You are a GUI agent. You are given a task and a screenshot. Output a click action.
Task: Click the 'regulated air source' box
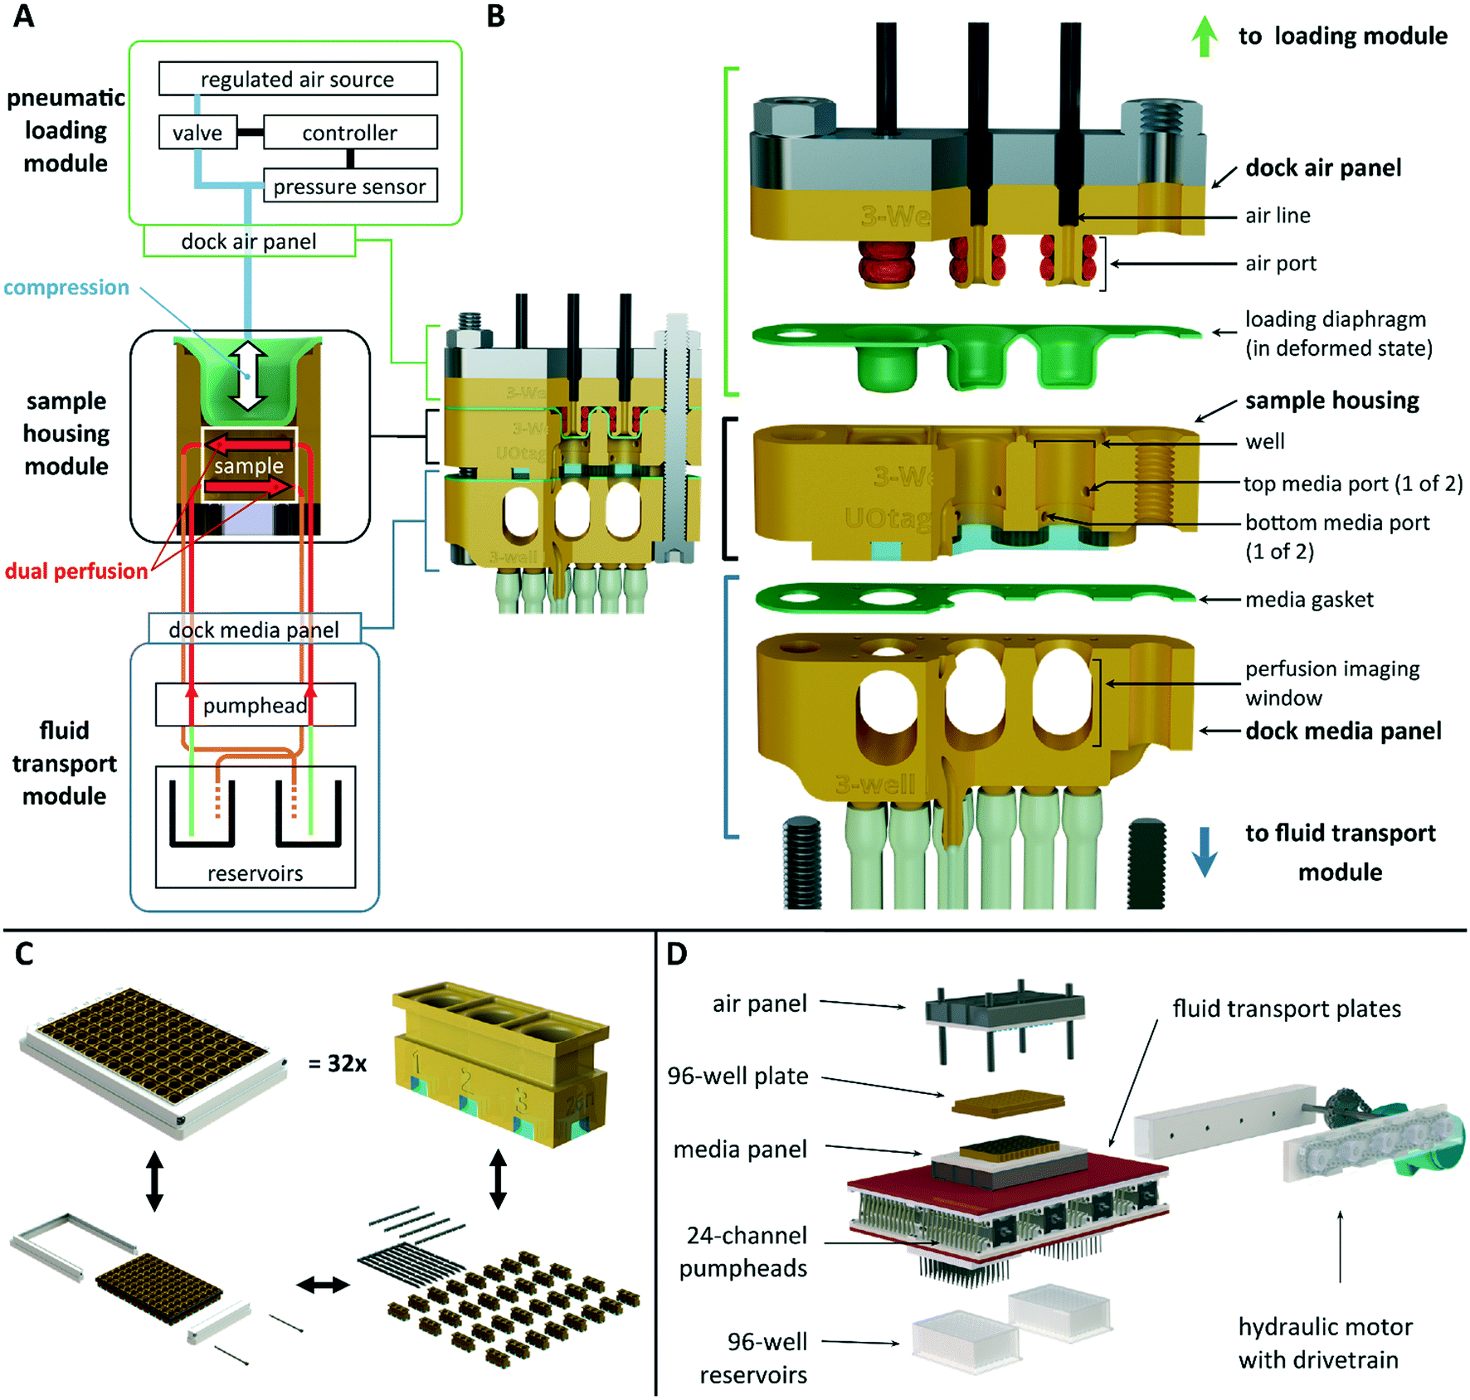point(298,79)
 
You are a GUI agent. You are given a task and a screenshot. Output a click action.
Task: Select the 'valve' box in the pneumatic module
point(197,133)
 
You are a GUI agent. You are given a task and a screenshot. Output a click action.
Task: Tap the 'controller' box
point(349,133)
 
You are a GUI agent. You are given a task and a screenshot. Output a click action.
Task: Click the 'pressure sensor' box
point(349,187)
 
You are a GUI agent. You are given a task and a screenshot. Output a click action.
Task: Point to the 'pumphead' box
point(255,705)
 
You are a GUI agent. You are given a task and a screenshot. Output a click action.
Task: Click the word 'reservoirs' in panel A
point(255,873)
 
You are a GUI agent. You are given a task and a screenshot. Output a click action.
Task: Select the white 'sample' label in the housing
point(248,466)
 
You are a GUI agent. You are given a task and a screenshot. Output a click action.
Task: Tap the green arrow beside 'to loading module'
point(1205,37)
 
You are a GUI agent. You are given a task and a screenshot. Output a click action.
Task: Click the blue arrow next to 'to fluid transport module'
point(1205,852)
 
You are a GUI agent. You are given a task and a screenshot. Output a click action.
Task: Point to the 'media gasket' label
point(1309,600)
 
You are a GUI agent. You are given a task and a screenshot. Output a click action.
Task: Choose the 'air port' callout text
point(1280,264)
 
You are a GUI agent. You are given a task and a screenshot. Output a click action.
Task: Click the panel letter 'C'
point(24,954)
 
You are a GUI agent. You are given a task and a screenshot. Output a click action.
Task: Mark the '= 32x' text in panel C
point(337,1063)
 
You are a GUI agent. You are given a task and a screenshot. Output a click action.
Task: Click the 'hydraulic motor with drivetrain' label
point(1325,1343)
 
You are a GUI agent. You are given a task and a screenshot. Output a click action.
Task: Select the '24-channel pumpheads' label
point(744,1252)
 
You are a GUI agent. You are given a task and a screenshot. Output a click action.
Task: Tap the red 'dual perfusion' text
point(76,571)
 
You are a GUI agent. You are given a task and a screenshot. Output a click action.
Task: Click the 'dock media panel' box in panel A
point(254,630)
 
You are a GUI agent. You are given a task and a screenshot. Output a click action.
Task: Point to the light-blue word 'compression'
point(66,288)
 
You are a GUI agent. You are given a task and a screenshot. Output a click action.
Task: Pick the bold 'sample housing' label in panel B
point(1331,401)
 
